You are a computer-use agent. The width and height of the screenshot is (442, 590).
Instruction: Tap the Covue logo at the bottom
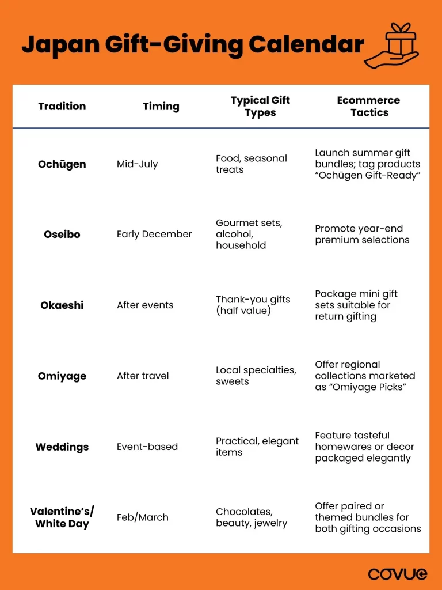(x=397, y=573)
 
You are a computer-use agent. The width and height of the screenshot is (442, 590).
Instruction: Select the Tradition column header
(x=62, y=106)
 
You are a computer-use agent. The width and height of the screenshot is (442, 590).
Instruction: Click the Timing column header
(x=161, y=106)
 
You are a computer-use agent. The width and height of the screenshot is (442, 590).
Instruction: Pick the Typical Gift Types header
(x=260, y=106)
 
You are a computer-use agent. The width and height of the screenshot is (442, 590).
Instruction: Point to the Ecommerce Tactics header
(x=368, y=106)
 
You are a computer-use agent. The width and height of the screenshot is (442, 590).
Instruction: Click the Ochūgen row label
(x=62, y=164)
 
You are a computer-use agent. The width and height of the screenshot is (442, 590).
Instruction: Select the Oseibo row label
(x=62, y=235)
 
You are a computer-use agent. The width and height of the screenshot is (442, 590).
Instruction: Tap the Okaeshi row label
(x=62, y=305)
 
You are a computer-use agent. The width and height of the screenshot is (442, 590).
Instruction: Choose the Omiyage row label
(x=62, y=376)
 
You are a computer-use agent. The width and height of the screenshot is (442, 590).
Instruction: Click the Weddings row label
(x=62, y=447)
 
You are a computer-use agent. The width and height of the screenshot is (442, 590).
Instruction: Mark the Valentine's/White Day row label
(x=62, y=517)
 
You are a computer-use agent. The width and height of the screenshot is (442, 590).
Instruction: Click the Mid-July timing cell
(x=137, y=164)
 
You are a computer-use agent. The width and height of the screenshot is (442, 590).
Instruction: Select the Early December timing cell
(x=154, y=235)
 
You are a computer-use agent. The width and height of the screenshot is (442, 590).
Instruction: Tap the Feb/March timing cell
(x=142, y=517)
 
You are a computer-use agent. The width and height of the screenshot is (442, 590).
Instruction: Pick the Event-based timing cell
(x=147, y=447)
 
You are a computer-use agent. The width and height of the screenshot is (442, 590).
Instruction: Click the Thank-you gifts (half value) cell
(x=253, y=305)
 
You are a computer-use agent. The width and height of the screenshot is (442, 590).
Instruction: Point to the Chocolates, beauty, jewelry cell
(x=252, y=517)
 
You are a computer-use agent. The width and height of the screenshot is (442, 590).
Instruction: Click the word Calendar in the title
(x=307, y=44)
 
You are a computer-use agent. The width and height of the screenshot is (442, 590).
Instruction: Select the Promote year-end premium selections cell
(x=362, y=235)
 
